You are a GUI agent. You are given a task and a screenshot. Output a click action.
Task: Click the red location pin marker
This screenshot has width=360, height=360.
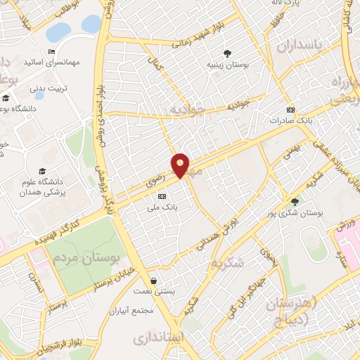tap(181, 165)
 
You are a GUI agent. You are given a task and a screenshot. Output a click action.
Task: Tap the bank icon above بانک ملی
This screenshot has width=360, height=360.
tap(162, 196)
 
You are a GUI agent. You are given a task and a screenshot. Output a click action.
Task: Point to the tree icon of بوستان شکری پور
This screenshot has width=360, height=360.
tap(294, 202)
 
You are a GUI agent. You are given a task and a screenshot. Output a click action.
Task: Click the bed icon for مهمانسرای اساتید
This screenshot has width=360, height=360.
tap(51, 52)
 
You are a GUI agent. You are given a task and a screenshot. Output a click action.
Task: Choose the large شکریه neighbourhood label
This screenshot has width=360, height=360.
tap(229, 263)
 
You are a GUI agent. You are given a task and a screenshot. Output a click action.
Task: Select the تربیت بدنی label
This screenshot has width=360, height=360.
tap(47, 89)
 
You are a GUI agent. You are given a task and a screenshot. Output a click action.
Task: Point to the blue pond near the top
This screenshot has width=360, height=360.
tap(91, 24)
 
